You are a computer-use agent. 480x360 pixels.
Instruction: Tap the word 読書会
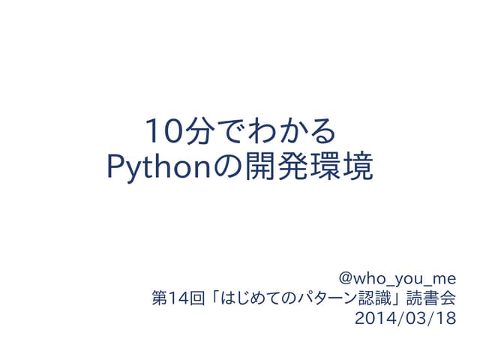[x=430, y=298]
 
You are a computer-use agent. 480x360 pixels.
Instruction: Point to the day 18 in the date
[x=443, y=318]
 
